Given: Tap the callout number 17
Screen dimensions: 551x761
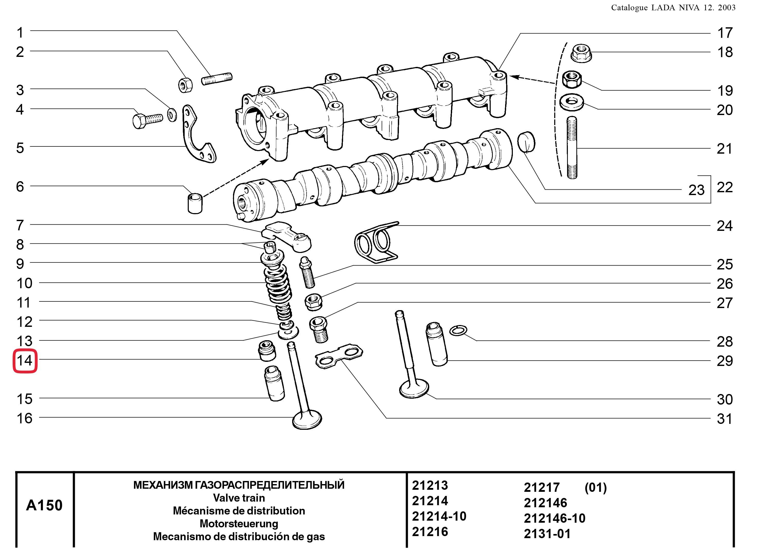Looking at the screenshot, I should coord(724,33).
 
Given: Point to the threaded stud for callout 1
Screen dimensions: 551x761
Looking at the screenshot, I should coord(217,79).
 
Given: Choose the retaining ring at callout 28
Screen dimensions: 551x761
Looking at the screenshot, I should coord(458,331).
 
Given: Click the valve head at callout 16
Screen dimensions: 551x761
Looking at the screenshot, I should coord(307,420).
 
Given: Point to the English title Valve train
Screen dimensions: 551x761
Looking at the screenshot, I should coord(239,498).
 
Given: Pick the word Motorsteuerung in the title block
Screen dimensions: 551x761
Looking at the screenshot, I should coord(239,523).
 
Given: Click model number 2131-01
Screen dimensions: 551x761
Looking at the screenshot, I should coord(547,534).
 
